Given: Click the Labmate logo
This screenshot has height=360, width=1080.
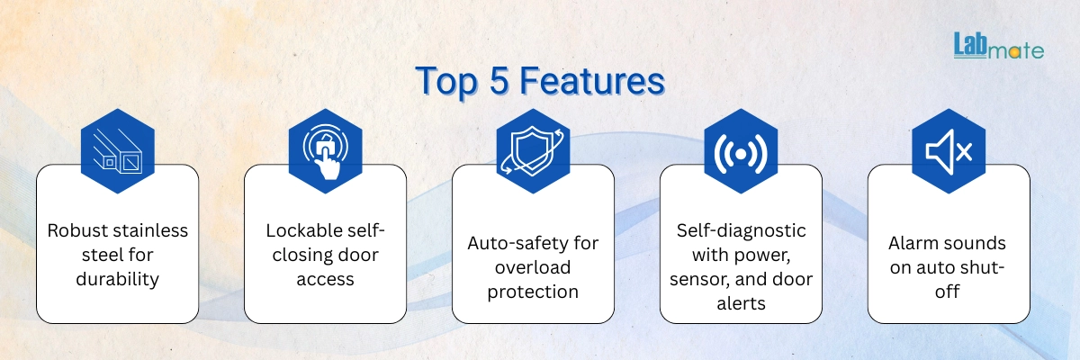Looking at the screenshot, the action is click(998, 46).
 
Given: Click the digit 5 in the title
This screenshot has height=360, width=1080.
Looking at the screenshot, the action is click(499, 80).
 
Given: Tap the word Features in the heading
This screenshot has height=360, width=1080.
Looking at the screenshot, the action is click(592, 80).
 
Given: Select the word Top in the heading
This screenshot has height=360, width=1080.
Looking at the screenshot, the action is click(447, 81).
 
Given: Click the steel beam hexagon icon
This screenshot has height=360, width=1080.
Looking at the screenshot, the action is click(118, 151).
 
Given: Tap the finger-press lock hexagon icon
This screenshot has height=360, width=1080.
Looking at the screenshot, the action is click(326, 151).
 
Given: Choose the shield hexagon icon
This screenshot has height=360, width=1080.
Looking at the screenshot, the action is click(533, 151).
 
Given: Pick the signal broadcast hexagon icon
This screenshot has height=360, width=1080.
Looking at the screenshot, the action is click(741, 151).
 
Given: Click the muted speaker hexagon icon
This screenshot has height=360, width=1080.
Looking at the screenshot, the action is click(949, 151).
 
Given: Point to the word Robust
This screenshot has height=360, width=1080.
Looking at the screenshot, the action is click(78, 230).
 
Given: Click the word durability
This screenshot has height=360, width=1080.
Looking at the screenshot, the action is click(118, 279).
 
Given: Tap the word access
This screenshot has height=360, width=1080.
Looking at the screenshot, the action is click(326, 280).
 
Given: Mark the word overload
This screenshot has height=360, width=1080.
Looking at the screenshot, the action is click(533, 267).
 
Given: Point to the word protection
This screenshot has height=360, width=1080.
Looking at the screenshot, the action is click(533, 292).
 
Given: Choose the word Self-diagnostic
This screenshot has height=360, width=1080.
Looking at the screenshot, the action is click(741, 230).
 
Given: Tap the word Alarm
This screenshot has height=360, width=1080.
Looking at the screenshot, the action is click(913, 243).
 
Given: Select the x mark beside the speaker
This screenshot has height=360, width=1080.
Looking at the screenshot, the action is click(964, 152).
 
